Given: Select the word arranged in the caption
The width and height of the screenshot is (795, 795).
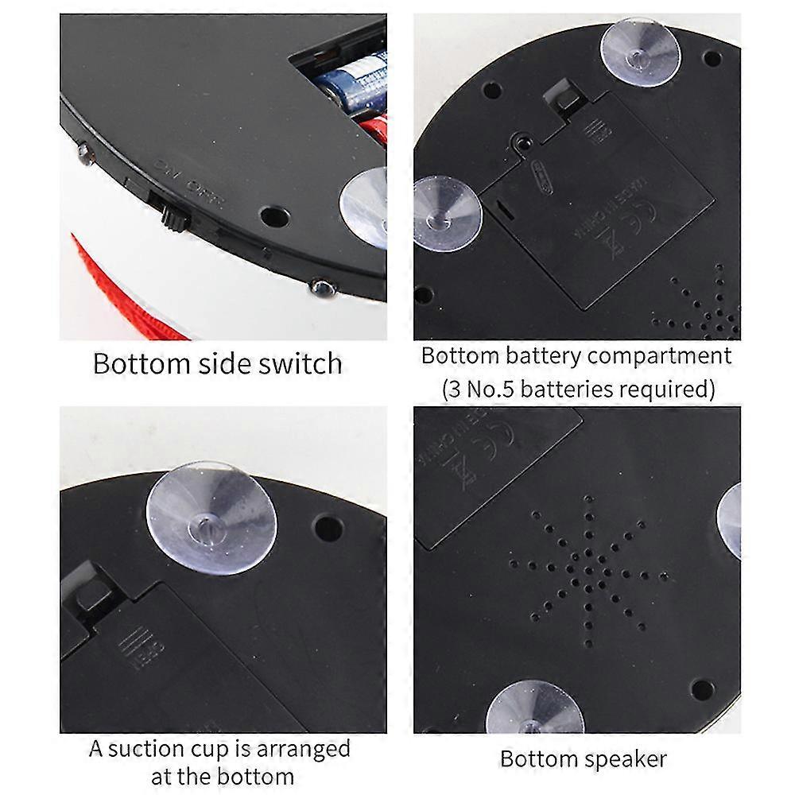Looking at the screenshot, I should (301, 750).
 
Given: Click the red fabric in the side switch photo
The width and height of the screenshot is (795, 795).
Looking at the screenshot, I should (119, 286).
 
